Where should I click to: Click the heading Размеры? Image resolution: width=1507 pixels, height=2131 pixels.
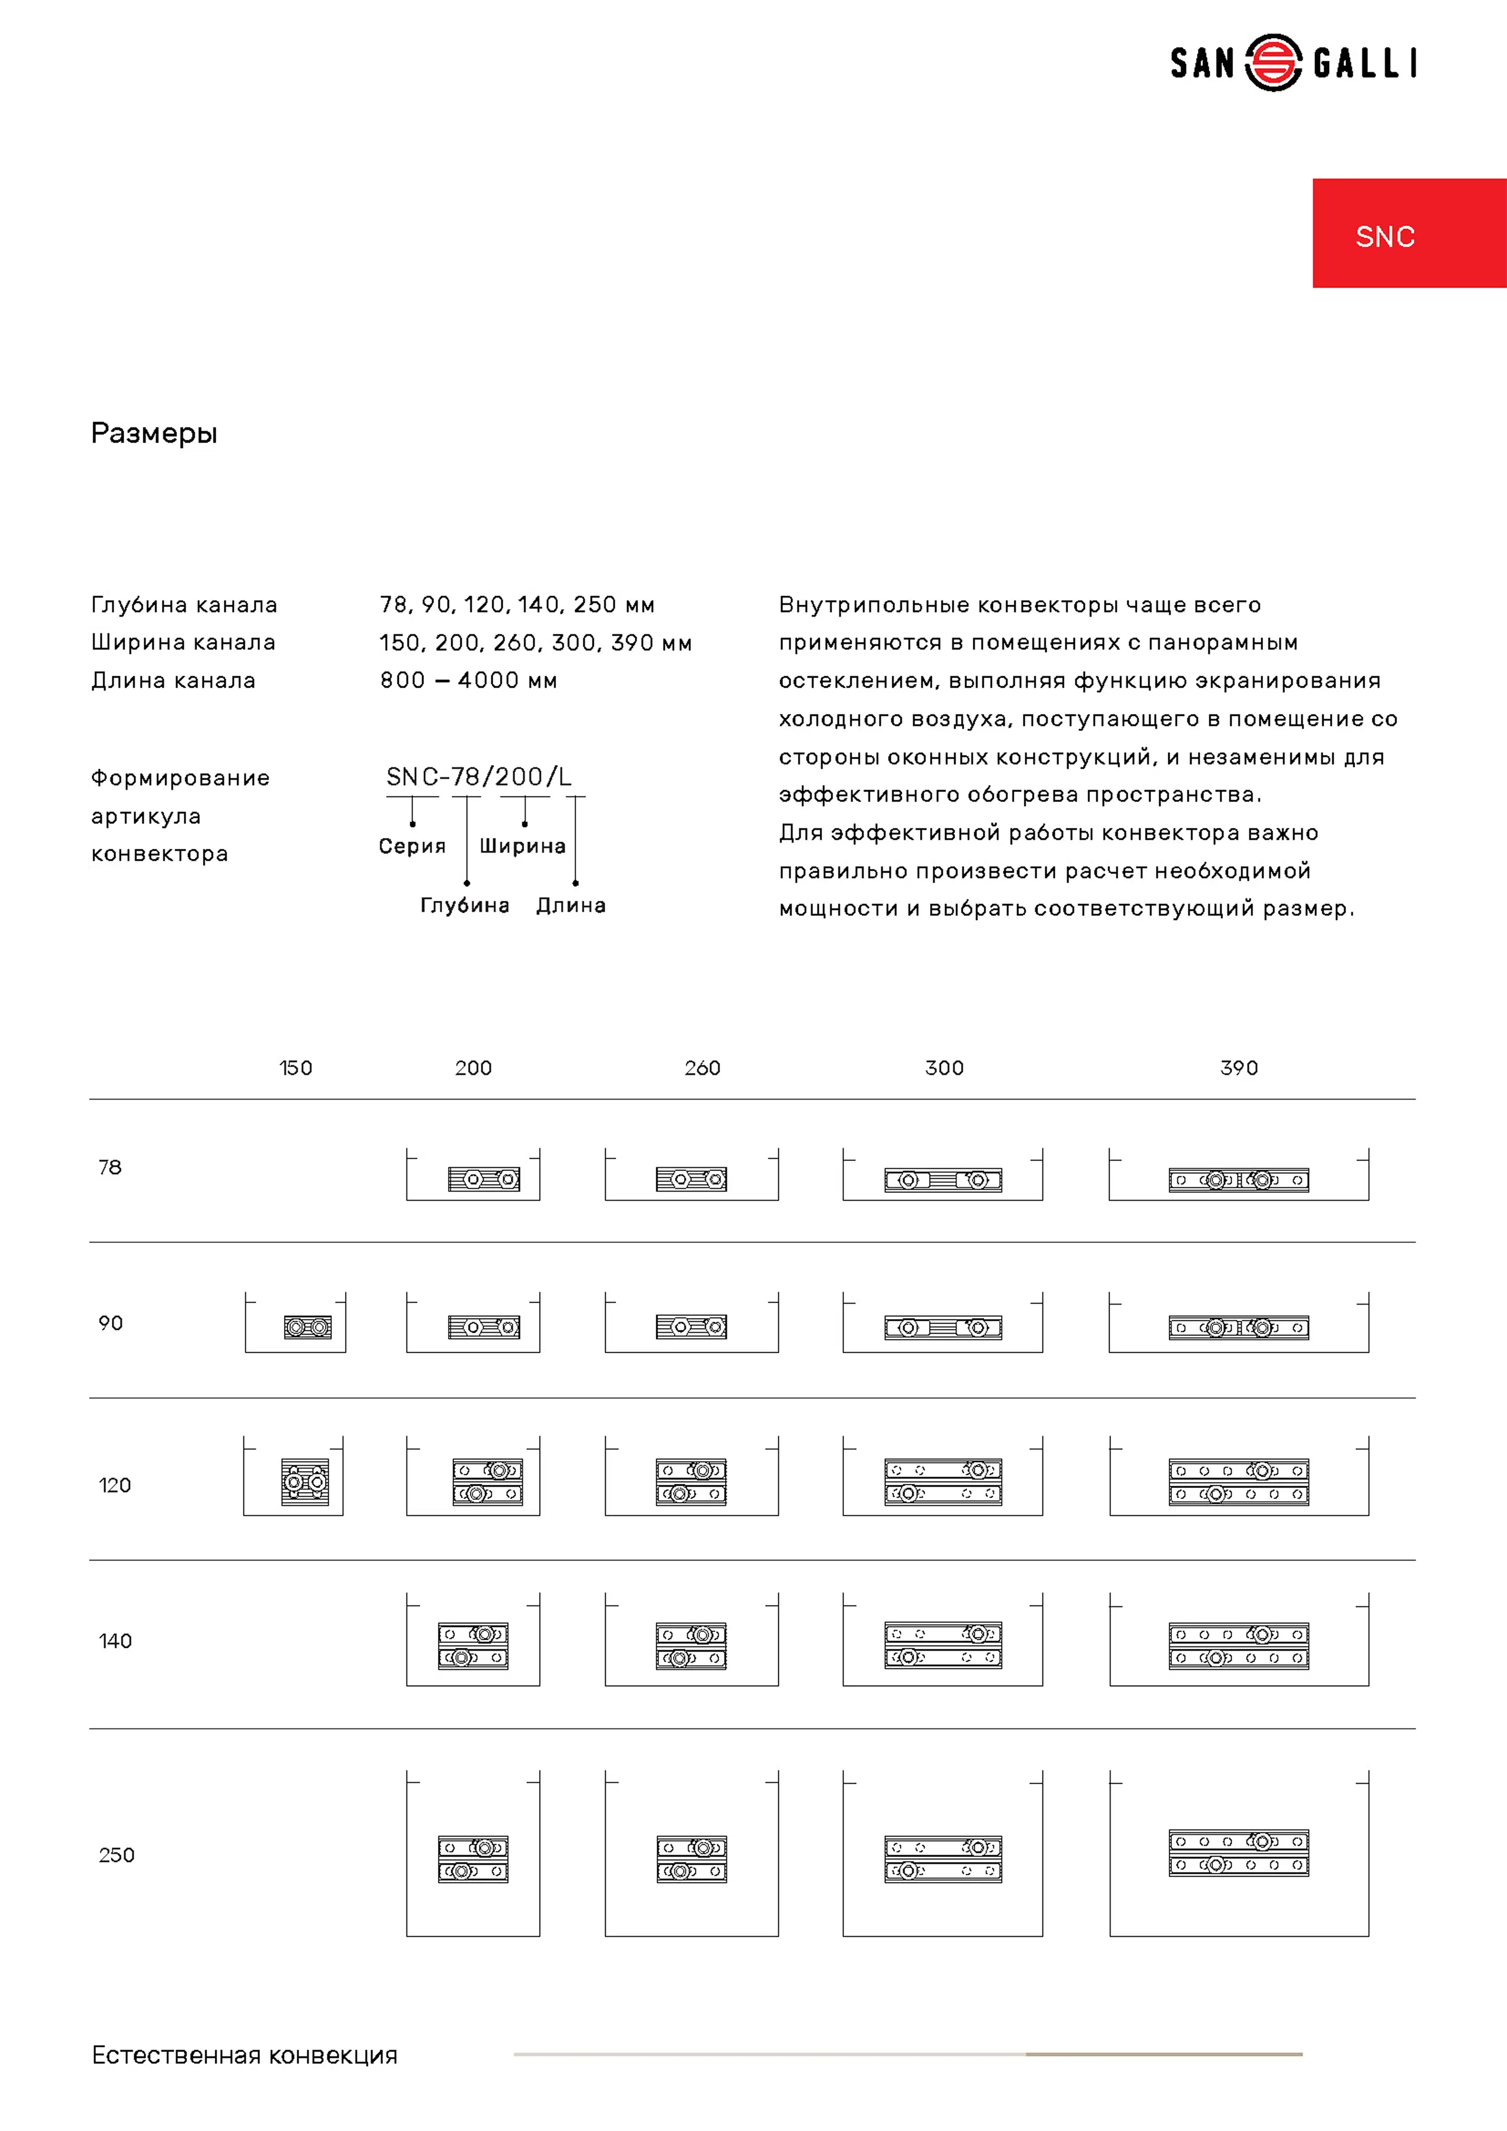154,434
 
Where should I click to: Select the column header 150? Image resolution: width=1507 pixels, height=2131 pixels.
296,1068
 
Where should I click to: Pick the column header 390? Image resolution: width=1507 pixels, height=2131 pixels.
1239,1068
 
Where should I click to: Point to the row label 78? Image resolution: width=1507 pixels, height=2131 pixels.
110,1168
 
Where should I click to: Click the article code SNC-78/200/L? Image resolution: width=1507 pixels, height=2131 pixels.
479,777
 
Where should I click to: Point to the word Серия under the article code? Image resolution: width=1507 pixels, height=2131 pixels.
412,847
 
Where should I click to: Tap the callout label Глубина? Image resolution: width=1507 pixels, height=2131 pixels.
465,906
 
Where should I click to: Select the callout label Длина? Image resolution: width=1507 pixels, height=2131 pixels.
571,906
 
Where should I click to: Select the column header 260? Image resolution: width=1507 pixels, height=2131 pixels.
703,1068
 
